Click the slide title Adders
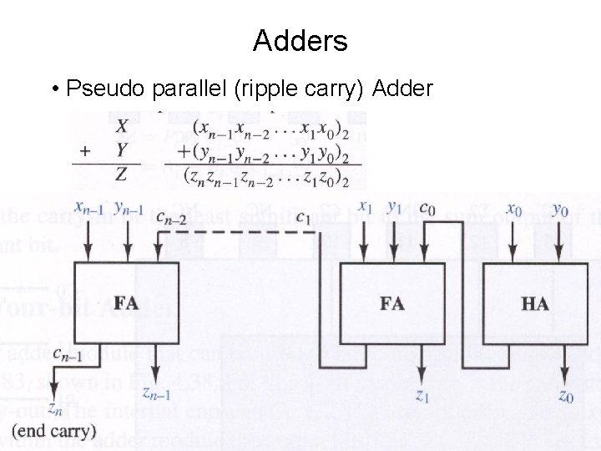point(300,40)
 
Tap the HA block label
point(534,303)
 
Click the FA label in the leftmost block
point(126,302)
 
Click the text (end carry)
point(55,432)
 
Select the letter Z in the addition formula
point(122,175)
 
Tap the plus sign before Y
point(84,152)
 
